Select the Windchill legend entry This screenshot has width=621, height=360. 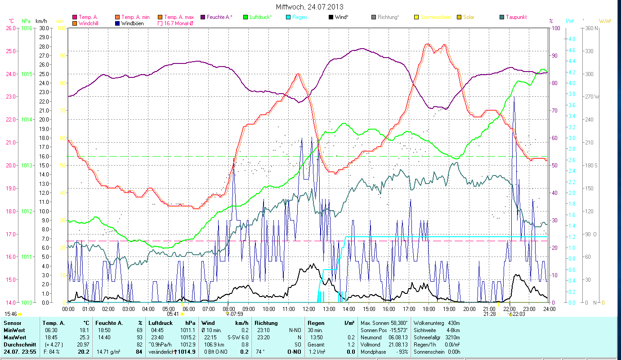91,23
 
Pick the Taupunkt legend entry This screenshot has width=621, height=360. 516,17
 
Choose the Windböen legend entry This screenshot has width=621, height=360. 132,23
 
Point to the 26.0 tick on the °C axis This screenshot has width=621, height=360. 10,28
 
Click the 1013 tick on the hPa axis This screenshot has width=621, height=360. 27,165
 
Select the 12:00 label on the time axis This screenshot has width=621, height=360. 309,309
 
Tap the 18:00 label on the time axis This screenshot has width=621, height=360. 429,309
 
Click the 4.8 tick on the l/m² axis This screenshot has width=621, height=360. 572,39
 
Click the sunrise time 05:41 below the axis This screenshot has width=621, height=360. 173,314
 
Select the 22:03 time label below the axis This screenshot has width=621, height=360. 518,314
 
